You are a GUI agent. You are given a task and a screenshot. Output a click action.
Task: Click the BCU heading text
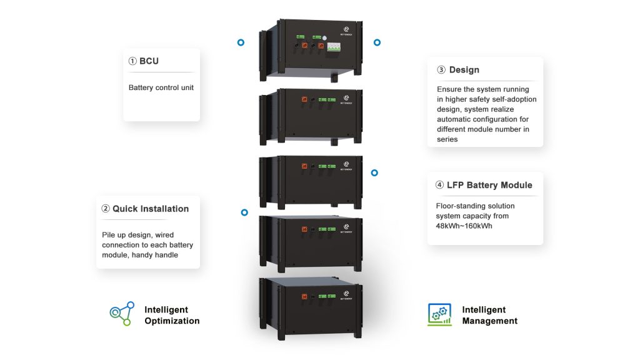[x=149, y=61]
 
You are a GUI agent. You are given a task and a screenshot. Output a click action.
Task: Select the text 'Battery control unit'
[x=161, y=87]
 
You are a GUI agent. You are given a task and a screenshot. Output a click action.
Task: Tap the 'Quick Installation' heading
[x=150, y=209]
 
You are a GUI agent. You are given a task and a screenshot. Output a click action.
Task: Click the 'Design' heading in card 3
[x=464, y=70]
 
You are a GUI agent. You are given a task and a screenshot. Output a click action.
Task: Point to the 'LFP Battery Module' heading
[x=489, y=185]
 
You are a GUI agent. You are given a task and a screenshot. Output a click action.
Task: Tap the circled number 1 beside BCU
[x=132, y=61]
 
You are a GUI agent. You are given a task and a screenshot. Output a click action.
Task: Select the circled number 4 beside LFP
[x=440, y=185]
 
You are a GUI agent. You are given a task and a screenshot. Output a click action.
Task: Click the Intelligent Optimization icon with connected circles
[x=121, y=314]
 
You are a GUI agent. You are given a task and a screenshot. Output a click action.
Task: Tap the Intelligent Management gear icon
[x=439, y=314]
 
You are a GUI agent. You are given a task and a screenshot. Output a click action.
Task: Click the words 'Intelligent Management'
[x=489, y=315]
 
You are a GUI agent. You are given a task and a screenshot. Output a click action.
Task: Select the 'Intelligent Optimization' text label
[x=172, y=315]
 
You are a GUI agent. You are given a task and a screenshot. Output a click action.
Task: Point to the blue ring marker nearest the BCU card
[x=241, y=42]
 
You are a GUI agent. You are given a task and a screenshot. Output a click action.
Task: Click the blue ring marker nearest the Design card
[x=377, y=42]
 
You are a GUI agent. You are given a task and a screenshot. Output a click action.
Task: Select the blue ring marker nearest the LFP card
[x=374, y=172]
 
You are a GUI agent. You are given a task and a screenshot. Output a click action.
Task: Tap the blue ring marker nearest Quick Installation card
[x=244, y=212]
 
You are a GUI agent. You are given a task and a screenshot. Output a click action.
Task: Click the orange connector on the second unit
[x=305, y=99]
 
